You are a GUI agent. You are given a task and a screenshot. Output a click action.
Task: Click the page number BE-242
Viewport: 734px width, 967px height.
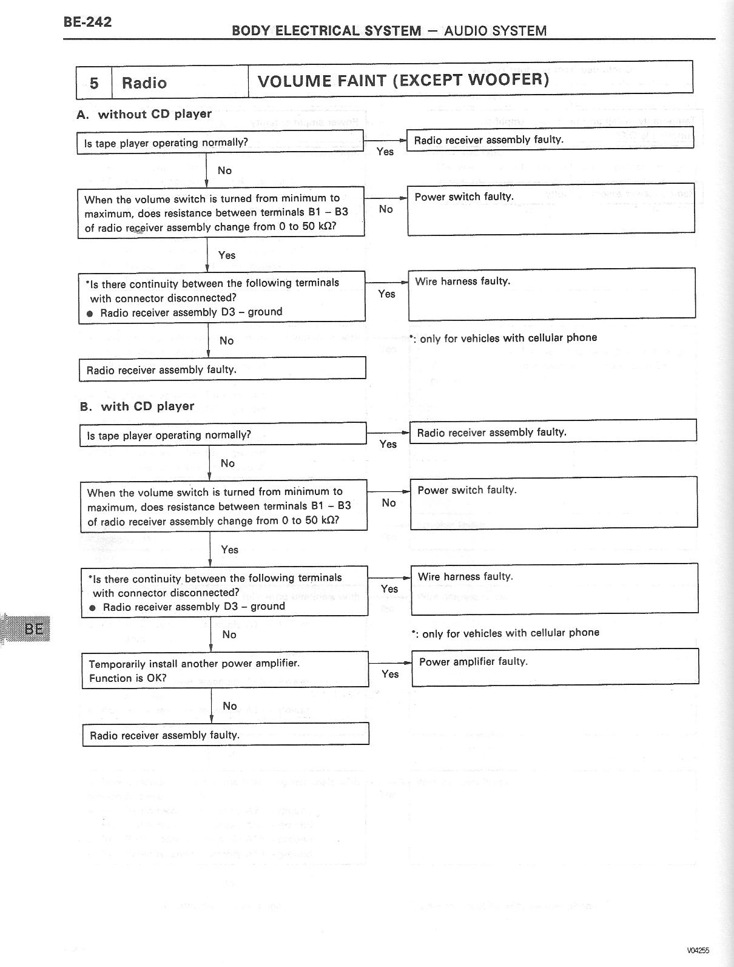(x=87, y=22)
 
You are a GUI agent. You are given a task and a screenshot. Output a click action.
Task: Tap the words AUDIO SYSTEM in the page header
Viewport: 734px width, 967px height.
(x=495, y=31)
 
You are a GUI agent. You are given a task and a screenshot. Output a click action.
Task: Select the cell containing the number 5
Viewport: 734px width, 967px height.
(x=94, y=83)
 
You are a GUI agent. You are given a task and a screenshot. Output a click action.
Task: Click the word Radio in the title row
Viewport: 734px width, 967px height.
(x=144, y=83)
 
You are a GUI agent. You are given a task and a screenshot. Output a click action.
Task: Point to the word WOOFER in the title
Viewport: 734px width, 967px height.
(x=499, y=80)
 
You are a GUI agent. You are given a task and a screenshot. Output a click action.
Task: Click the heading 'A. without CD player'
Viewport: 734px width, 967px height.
(x=144, y=114)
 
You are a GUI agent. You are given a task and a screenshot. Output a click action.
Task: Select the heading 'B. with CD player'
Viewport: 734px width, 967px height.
(x=137, y=406)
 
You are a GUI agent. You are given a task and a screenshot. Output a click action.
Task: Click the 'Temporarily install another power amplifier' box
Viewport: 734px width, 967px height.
(x=225, y=670)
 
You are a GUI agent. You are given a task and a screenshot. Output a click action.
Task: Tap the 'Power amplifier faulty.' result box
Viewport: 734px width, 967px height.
(x=555, y=667)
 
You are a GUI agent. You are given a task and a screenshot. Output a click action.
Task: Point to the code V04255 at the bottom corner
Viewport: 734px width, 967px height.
(x=698, y=951)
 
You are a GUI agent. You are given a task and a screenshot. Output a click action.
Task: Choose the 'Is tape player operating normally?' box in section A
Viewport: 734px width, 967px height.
(x=220, y=143)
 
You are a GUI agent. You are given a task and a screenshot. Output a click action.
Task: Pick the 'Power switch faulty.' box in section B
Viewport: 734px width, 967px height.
(x=554, y=502)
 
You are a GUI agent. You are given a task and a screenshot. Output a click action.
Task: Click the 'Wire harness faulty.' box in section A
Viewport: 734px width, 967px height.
(x=551, y=294)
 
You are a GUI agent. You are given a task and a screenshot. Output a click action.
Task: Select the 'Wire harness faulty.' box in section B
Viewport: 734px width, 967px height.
(x=554, y=588)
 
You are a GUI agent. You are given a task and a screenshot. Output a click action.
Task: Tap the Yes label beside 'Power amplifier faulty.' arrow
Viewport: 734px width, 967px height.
(x=390, y=674)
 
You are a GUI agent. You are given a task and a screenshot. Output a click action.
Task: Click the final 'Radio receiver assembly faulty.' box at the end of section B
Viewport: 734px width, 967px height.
(x=226, y=735)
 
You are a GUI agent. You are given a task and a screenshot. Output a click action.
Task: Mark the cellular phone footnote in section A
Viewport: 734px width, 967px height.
(x=503, y=338)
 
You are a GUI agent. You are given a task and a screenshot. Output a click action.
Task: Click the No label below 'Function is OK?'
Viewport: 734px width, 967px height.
(x=230, y=706)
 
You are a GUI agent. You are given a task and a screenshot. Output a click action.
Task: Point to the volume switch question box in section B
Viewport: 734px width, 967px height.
(x=224, y=506)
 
